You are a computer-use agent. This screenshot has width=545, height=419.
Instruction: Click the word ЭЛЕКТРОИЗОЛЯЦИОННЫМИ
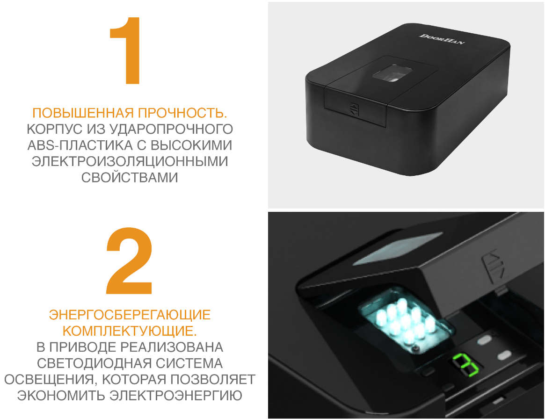pos(130,161)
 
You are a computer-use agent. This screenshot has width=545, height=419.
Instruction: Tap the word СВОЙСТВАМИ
pos(130,177)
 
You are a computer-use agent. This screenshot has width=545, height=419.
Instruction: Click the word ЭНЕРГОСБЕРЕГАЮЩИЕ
pos(130,315)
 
